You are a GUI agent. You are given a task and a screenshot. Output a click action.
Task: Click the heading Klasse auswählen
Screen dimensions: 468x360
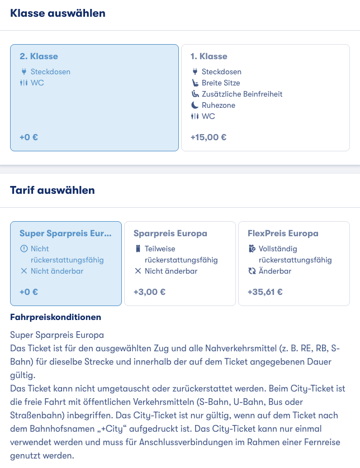(x=58, y=13)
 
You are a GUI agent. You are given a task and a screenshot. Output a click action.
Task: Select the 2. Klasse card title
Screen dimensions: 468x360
(x=39, y=56)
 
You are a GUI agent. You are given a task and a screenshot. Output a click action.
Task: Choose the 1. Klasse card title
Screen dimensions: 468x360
(x=209, y=56)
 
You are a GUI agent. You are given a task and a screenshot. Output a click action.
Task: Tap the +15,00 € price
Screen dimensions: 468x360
(x=208, y=137)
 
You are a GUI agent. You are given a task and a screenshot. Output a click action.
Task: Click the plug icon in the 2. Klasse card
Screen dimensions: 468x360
(x=23, y=71)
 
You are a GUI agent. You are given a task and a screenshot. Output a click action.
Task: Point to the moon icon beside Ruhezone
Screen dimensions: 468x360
(x=195, y=105)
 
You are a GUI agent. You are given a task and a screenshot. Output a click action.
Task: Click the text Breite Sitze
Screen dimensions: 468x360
(x=221, y=83)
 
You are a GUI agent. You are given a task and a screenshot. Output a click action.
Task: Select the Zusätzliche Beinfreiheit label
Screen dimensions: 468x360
(x=242, y=94)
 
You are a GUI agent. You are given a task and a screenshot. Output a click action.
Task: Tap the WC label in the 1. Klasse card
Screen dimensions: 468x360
(x=208, y=116)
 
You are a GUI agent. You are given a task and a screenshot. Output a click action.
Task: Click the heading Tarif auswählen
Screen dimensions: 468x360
(x=53, y=190)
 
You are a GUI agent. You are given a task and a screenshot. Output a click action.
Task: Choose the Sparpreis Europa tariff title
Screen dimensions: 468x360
(x=170, y=233)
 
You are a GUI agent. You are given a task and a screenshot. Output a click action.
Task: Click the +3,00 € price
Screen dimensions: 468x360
(x=149, y=292)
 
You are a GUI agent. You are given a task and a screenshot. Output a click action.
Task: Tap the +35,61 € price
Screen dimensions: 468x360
(x=265, y=292)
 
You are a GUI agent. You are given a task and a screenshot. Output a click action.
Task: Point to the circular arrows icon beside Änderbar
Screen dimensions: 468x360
(x=252, y=271)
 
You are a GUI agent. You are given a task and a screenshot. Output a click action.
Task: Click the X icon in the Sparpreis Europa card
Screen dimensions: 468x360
(x=138, y=271)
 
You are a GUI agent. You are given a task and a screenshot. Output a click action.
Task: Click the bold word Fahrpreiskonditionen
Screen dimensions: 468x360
(x=56, y=317)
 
